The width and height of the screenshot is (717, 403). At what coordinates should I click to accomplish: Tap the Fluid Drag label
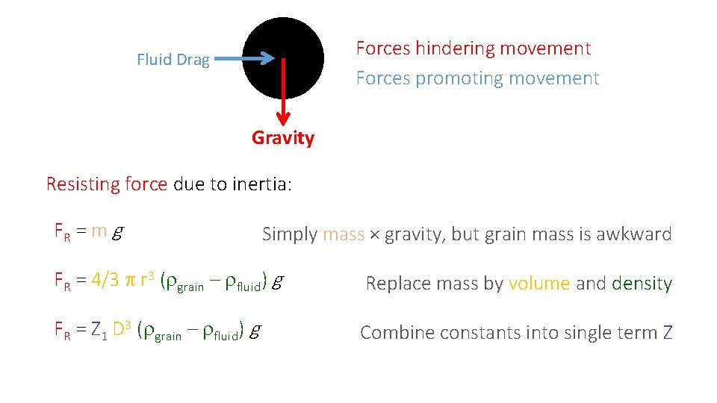[x=173, y=60]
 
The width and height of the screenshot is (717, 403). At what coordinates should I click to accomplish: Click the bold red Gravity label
[x=283, y=138]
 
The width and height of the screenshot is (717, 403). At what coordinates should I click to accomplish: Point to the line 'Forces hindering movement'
[x=473, y=49]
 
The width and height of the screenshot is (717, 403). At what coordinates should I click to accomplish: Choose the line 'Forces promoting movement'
[x=477, y=78]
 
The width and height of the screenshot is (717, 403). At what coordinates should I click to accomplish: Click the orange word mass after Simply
[x=344, y=234]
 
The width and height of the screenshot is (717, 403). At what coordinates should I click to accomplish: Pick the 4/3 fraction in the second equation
[x=105, y=281]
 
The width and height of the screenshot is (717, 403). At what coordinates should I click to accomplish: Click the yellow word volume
[x=539, y=284]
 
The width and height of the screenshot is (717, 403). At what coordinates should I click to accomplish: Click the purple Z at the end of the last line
[x=667, y=333]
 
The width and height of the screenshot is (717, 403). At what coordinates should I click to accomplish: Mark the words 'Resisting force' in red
[x=106, y=184]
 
